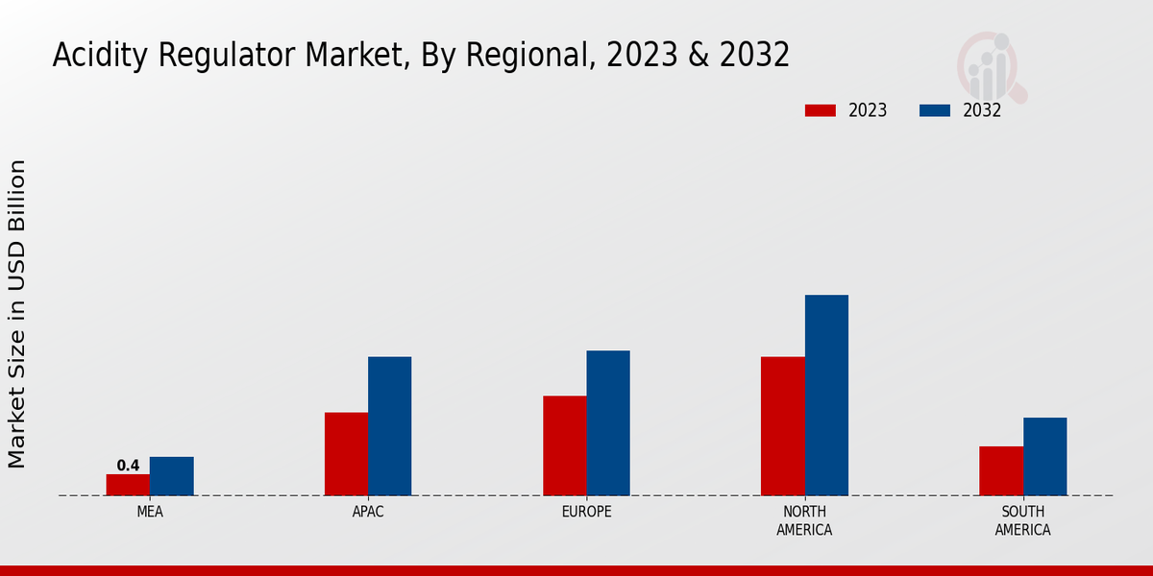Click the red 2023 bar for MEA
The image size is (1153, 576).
128,485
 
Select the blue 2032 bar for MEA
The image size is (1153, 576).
171,476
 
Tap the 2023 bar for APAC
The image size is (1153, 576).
346,454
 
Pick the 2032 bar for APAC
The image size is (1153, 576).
389,426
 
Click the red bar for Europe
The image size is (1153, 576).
564,445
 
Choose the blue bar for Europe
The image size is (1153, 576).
608,423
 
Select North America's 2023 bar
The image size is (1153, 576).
782,426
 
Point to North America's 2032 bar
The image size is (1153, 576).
826,396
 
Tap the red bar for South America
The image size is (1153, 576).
1001,471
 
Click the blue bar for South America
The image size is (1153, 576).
1044,457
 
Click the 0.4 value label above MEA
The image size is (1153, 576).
128,466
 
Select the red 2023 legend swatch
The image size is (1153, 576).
821,110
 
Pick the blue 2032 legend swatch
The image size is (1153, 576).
935,110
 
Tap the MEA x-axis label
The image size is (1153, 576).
150,512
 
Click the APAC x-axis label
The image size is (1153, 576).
368,512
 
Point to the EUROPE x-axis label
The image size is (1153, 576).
586,512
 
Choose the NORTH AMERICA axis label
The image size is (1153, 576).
804,520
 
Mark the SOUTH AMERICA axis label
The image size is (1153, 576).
1022,520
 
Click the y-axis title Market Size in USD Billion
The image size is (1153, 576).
17,314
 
